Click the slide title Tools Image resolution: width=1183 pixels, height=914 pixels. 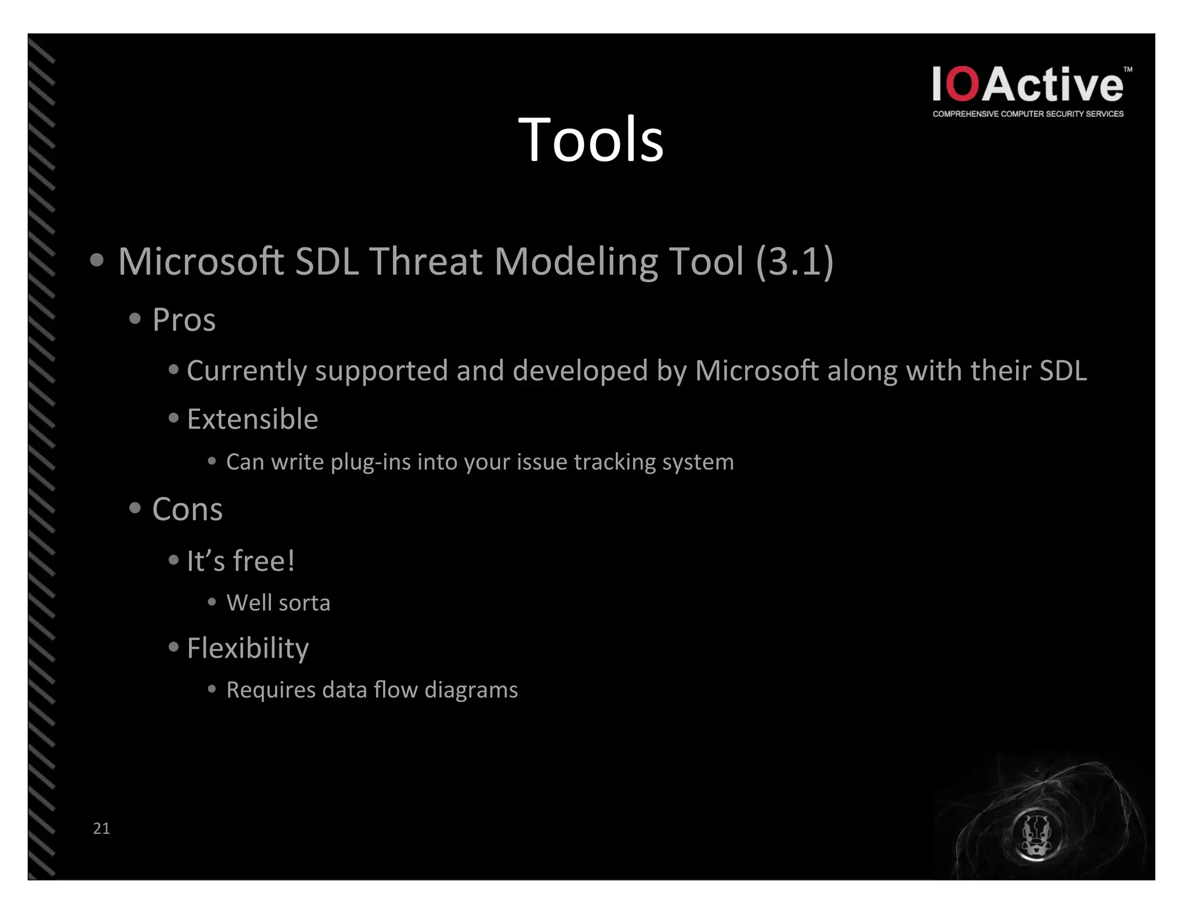point(590,140)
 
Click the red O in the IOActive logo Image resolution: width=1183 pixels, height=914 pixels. point(963,85)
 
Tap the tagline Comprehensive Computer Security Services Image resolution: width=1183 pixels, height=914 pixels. point(1028,114)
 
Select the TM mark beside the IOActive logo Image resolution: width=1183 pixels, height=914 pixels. point(1128,69)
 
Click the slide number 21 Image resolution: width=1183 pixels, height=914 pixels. point(102,828)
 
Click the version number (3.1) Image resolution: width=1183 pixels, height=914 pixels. point(795,261)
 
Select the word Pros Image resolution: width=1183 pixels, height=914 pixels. point(184,320)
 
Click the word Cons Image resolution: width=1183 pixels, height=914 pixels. point(187,510)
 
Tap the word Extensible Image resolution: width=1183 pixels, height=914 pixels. point(252,419)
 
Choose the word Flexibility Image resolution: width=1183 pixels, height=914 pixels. point(248,648)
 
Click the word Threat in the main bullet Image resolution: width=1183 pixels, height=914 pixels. point(426,261)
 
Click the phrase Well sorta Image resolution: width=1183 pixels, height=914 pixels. point(278,603)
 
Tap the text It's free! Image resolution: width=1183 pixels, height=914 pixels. point(240,561)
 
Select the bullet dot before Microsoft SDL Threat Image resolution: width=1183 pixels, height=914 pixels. point(97,261)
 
